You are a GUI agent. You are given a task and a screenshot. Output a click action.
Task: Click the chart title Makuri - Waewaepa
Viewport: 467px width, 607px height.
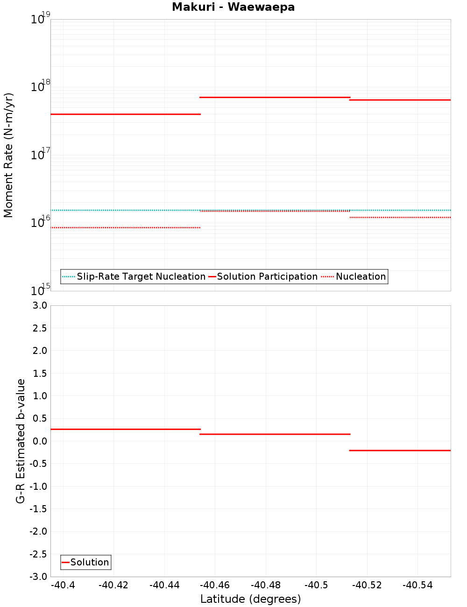[233, 7]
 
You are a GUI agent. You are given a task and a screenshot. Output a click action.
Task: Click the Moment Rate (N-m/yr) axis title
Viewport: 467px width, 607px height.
[8, 155]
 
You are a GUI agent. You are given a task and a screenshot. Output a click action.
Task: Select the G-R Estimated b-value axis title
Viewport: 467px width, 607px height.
[21, 441]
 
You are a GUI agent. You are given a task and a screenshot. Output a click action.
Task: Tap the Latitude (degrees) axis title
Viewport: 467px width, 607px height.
[250, 599]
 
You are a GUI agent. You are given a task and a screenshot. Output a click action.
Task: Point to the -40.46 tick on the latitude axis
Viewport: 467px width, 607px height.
[215, 585]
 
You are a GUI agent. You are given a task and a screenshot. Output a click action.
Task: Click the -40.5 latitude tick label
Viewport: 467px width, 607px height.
[316, 585]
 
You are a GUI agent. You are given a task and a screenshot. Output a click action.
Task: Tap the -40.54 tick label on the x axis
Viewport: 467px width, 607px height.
[417, 585]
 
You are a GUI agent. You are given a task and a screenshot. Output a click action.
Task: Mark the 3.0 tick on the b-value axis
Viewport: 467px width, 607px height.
[39, 305]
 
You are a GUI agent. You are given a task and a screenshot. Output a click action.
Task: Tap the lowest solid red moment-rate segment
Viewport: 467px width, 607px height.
[125, 114]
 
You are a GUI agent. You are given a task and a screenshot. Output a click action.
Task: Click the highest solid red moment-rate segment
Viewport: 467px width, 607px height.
[275, 97]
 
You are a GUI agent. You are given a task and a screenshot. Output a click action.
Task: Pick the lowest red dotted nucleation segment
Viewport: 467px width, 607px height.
[125, 227]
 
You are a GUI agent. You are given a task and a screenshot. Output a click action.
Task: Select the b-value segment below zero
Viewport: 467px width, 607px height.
[400, 450]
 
